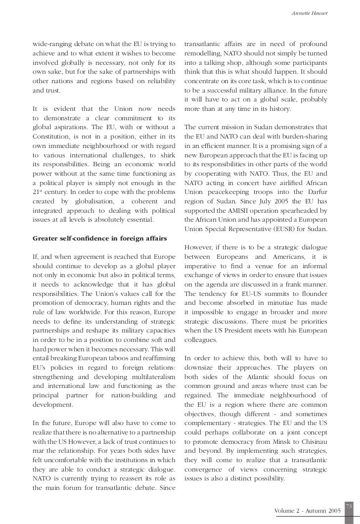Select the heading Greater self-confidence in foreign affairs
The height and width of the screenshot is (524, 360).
click(x=100, y=238)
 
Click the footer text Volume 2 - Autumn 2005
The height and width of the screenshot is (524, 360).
click(x=307, y=510)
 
